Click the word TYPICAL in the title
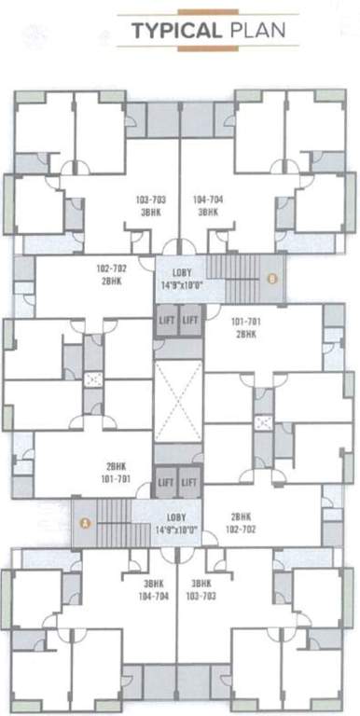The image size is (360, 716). [x=173, y=31]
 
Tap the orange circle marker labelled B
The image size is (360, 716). [x=272, y=277]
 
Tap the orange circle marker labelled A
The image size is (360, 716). [x=86, y=523]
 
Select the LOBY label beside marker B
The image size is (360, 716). [x=181, y=271]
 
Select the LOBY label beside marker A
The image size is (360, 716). [x=178, y=517]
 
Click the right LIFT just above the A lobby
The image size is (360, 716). [x=189, y=482]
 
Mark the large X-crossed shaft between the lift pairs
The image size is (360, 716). [x=178, y=401]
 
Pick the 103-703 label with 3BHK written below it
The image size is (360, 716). [x=150, y=200]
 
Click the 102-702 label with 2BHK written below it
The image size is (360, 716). [x=112, y=268]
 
